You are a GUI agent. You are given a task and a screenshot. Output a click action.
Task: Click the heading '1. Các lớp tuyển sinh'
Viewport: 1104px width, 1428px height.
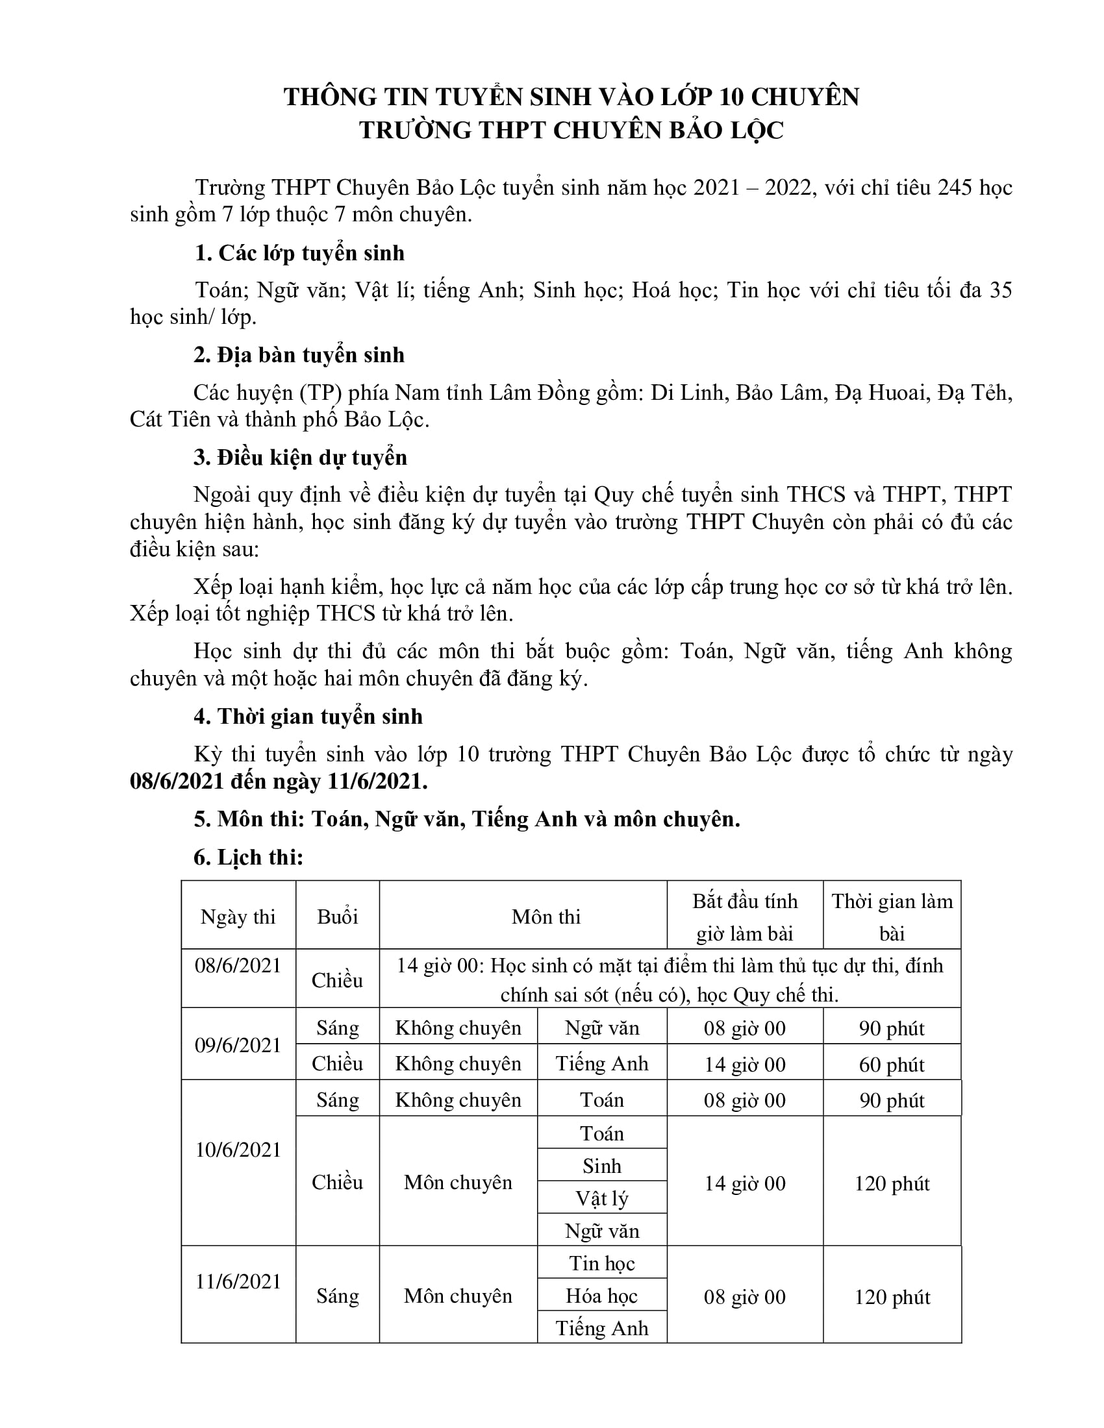tap(299, 253)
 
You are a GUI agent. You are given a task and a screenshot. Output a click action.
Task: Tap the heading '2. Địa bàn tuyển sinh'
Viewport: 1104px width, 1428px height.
tap(299, 355)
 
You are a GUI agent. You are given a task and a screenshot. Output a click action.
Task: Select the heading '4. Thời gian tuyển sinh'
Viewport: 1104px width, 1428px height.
tap(308, 717)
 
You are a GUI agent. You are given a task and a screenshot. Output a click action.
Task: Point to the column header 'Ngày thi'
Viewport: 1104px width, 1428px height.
tap(238, 917)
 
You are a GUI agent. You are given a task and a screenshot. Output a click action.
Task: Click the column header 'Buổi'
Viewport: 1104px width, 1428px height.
tap(338, 917)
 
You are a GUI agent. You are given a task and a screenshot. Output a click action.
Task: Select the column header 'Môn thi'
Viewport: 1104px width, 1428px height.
tap(546, 917)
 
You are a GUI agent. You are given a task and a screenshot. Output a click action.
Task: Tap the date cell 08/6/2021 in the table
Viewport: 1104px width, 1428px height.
tap(238, 966)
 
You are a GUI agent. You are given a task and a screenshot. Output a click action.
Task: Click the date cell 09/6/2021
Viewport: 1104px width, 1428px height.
tap(238, 1045)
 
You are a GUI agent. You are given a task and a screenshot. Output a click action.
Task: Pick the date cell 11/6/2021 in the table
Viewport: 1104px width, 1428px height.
tap(238, 1281)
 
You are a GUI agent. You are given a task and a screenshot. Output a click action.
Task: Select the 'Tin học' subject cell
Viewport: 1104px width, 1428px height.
tap(602, 1264)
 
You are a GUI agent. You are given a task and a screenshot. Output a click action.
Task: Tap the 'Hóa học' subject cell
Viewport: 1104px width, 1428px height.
tap(602, 1297)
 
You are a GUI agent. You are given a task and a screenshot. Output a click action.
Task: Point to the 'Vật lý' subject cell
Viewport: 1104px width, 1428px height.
tap(602, 1198)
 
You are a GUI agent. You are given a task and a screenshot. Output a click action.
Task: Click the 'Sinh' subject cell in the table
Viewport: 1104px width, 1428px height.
tap(602, 1166)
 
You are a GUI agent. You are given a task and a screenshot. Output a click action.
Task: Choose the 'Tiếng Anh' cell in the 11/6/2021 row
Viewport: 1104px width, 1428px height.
tap(602, 1329)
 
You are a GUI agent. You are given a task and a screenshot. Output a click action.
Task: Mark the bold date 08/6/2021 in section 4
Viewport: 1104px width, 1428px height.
tap(175, 782)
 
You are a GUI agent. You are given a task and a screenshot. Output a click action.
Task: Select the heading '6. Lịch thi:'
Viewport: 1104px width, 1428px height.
tap(249, 857)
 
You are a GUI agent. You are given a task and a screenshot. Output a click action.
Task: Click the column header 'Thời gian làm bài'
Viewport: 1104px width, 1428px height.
tap(892, 917)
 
